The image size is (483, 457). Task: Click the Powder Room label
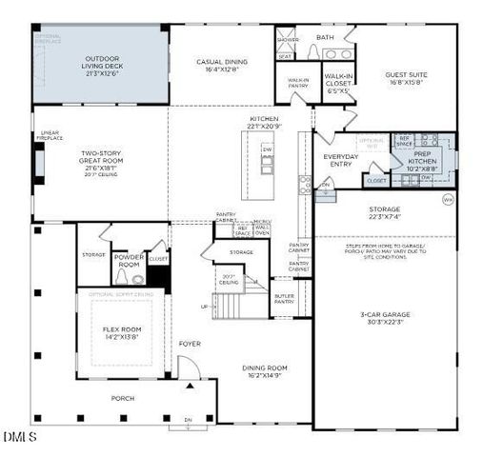[x=129, y=260]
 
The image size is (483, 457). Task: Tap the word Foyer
[x=190, y=343]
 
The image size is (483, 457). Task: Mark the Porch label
[x=123, y=398]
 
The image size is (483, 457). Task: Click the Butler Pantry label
[x=285, y=298]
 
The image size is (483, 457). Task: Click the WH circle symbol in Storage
[x=448, y=199]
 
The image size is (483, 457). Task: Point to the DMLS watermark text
[x=19, y=437]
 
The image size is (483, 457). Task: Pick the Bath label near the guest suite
[x=326, y=38]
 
